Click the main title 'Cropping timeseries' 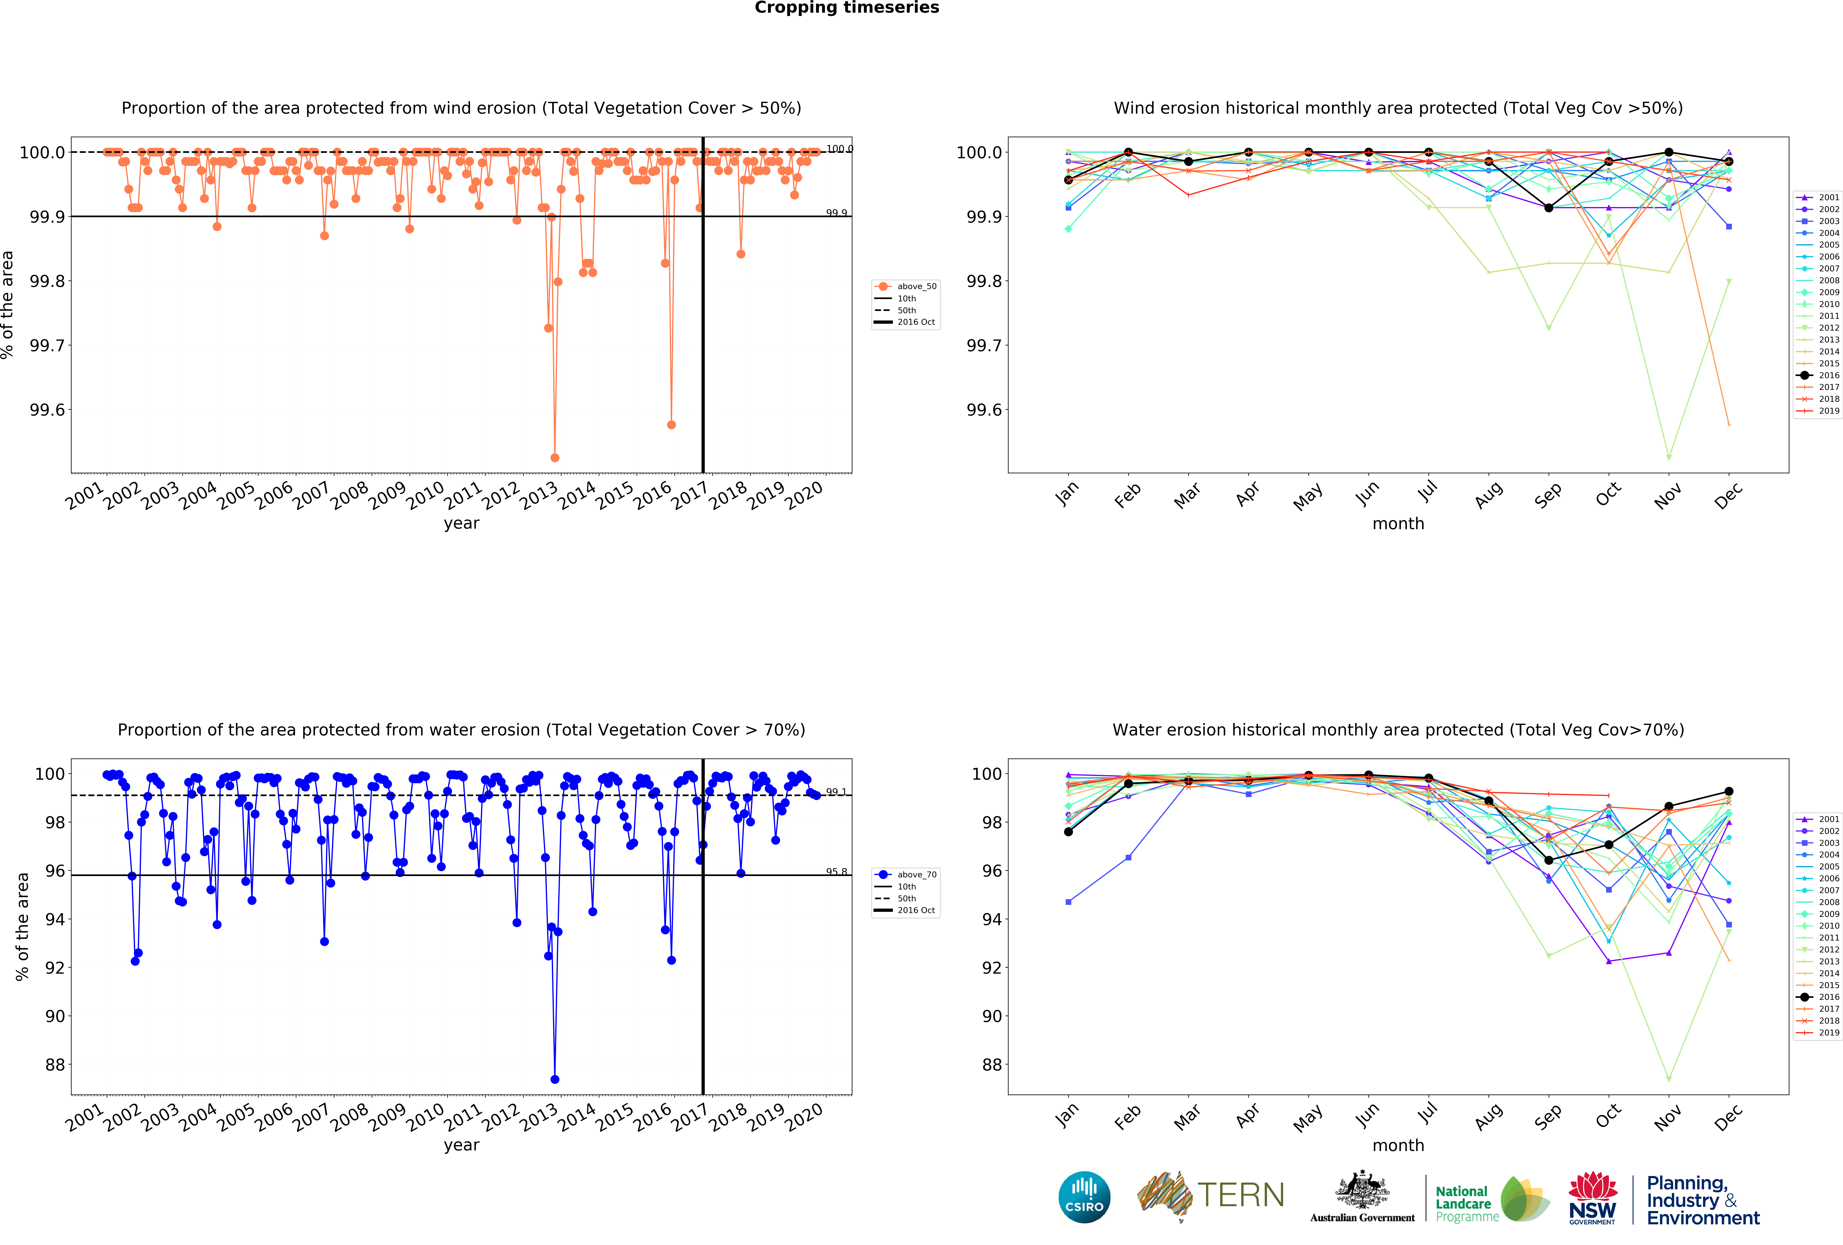pyautogui.click(x=846, y=8)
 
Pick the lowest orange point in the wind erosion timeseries pyautogui.click(x=554, y=457)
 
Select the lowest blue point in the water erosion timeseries pyautogui.click(x=554, y=1079)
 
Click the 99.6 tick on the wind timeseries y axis pyautogui.click(x=48, y=410)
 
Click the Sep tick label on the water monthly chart pyautogui.click(x=1547, y=1117)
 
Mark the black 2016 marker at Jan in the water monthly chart pyautogui.click(x=1068, y=832)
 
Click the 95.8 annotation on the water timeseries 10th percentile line pyautogui.click(x=836, y=872)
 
